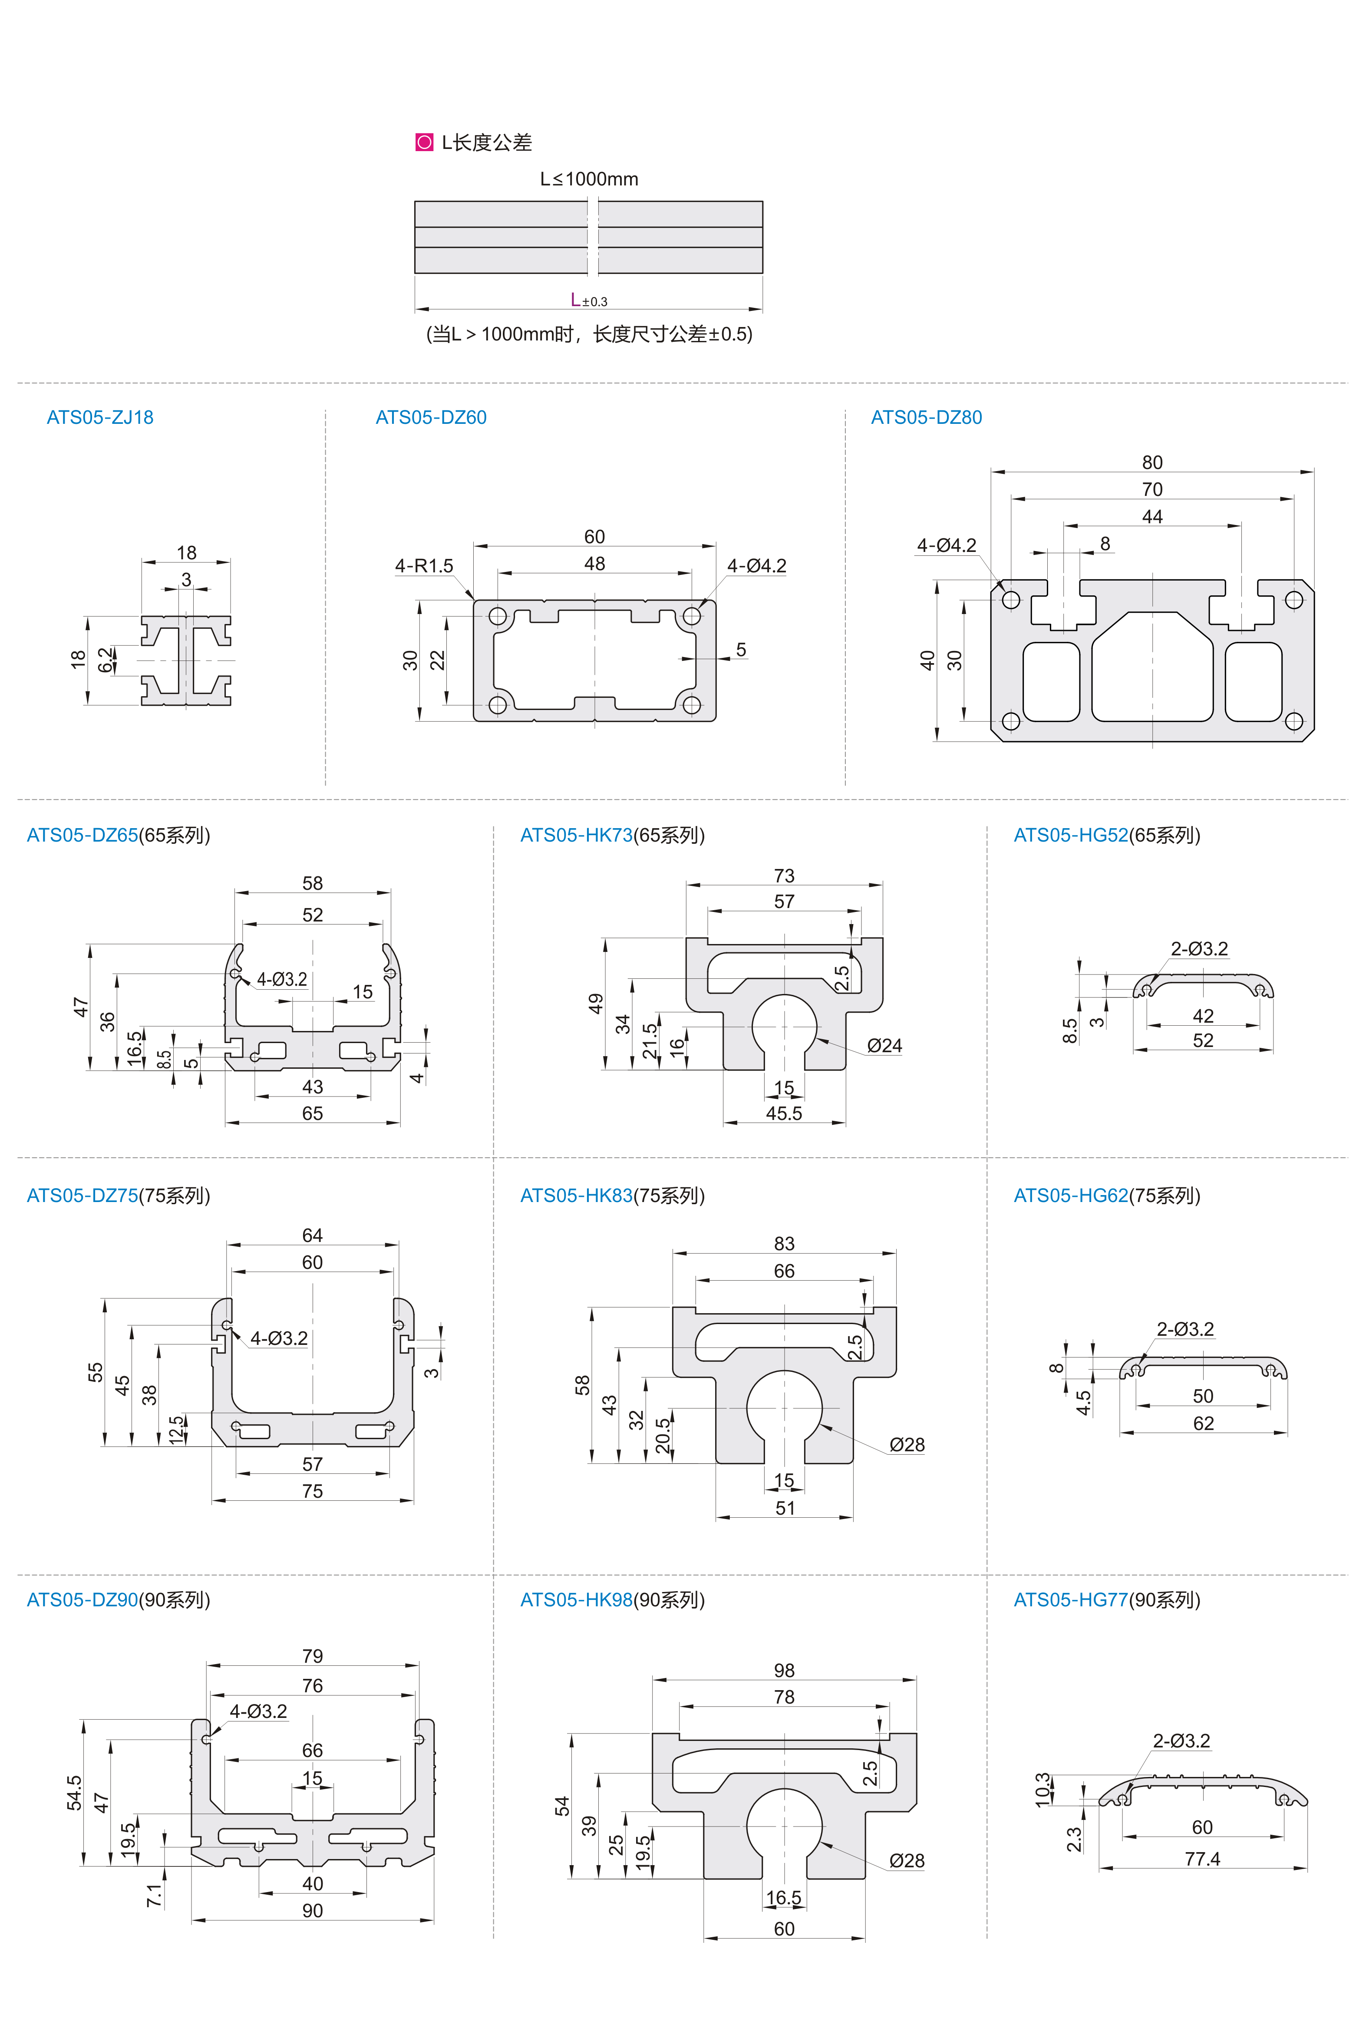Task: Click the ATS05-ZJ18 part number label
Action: tap(100, 418)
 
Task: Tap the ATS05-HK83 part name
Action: tap(576, 1196)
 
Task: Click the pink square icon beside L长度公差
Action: tap(424, 142)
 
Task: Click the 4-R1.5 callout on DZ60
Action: tap(424, 566)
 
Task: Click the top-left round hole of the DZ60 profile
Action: tap(498, 617)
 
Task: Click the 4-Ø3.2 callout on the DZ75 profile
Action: tap(279, 1338)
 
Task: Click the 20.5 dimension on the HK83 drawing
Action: tap(663, 1436)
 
